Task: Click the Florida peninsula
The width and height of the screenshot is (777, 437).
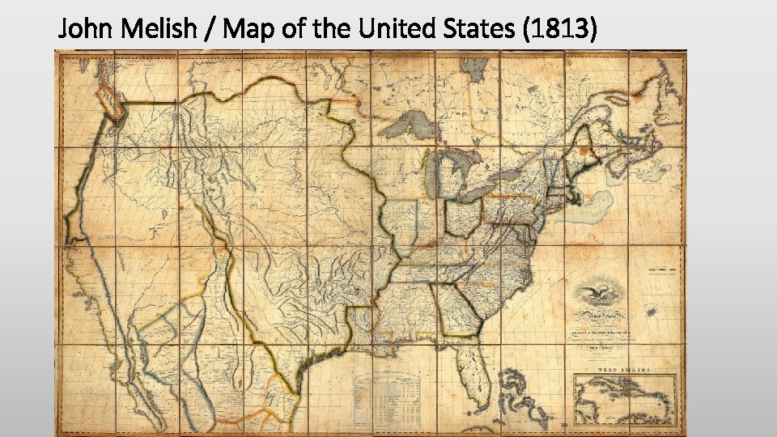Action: tap(467, 365)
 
